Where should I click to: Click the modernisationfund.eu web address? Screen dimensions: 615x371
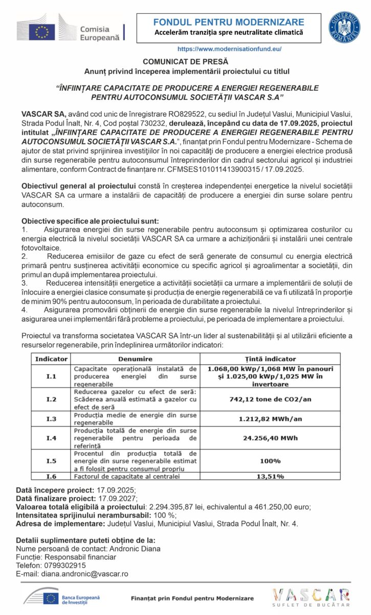click(229, 49)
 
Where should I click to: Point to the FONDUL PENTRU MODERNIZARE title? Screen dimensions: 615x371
click(229, 22)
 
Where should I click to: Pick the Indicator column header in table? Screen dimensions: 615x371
click(51, 359)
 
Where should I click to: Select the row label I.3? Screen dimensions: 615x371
click(51, 419)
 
